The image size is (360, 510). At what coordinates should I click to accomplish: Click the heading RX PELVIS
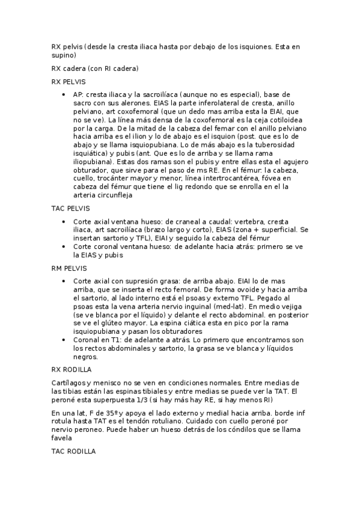coord(69,81)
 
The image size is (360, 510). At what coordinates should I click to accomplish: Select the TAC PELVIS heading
coord(70,208)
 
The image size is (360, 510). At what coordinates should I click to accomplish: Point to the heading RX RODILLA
coord(72,370)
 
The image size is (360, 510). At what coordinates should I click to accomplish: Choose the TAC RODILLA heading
coord(73,451)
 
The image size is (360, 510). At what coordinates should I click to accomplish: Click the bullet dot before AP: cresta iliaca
coord(64,95)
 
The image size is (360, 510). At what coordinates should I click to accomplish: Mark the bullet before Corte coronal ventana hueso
coord(64,247)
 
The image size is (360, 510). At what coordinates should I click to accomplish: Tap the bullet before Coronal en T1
coord(64,340)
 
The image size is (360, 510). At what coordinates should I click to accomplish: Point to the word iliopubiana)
coord(94,162)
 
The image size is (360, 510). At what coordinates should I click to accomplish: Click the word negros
coord(85,357)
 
